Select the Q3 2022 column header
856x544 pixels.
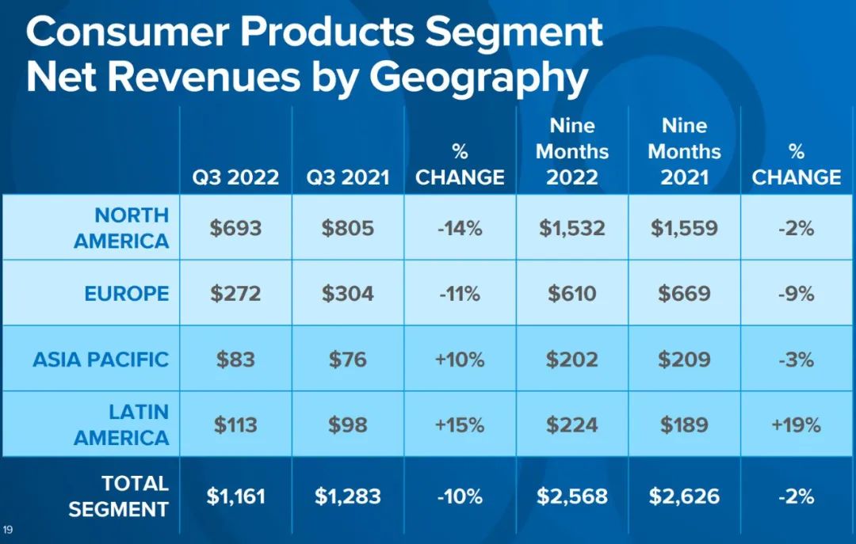pos(235,177)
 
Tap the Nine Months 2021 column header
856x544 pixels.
pos(684,150)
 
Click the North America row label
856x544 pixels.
pos(121,228)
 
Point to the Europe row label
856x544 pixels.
pos(127,294)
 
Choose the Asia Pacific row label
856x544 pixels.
pos(101,359)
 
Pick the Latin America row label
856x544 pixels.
pos(121,424)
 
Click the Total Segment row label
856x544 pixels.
pos(119,496)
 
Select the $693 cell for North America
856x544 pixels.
pos(235,229)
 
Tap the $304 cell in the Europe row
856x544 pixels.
pos(348,294)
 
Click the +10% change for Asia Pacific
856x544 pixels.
pos(460,359)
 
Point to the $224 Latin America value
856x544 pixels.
pos(572,424)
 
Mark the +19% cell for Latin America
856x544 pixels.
pos(796,424)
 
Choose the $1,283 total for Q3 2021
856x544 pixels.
pos(348,496)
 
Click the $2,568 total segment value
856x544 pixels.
pos(572,496)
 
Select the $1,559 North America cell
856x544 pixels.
pos(684,229)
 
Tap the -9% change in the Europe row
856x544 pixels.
pos(796,294)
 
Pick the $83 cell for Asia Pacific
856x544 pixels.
pos(235,359)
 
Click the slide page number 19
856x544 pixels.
pos(9,529)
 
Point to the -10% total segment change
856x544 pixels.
pos(460,496)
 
